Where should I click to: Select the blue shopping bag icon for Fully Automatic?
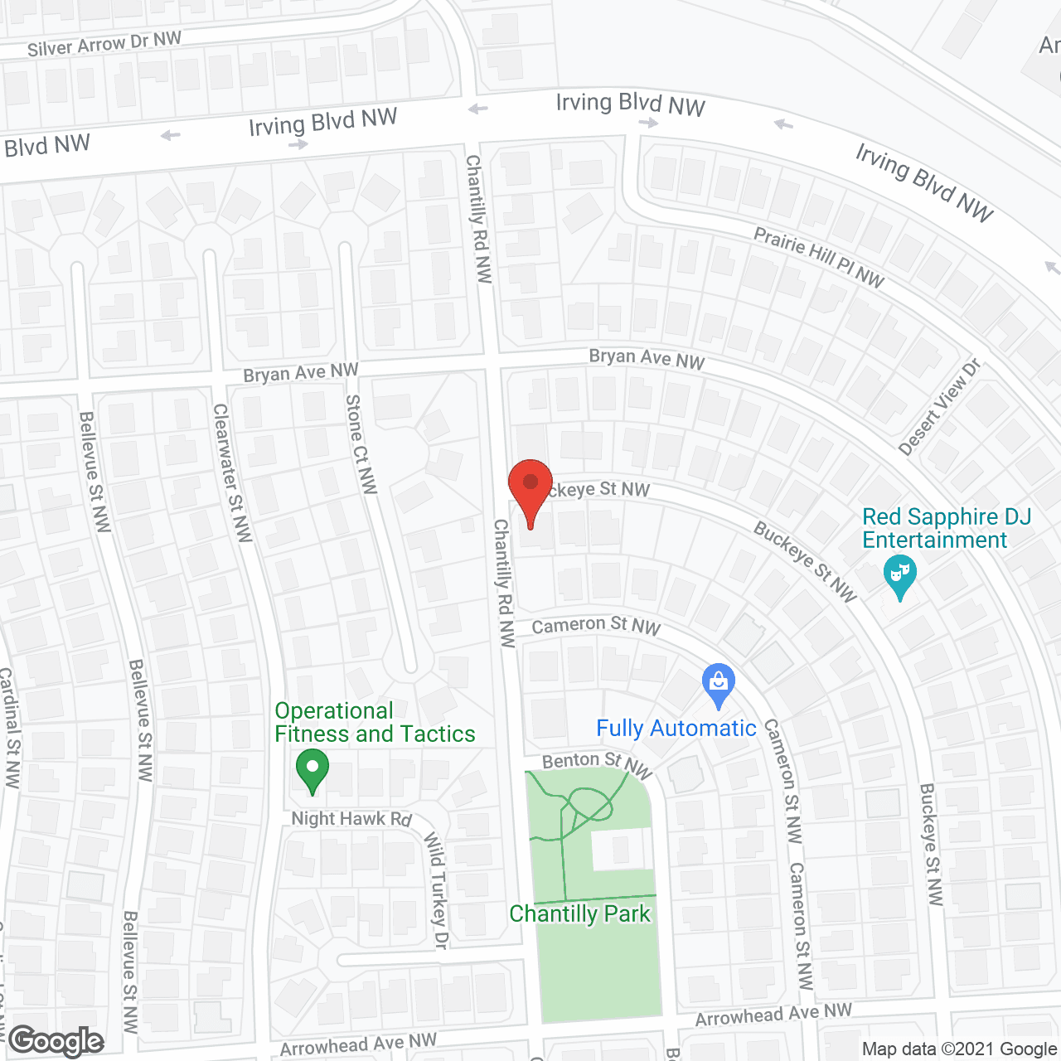coord(718,685)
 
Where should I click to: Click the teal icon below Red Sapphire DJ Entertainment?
coord(899,576)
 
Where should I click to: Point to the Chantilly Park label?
coord(579,913)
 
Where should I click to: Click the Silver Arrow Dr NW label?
coord(104,44)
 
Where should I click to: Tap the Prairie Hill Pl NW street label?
coord(818,257)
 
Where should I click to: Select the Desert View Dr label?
coord(939,407)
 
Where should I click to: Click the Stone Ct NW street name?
coord(361,444)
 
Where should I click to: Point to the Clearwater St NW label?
coord(232,472)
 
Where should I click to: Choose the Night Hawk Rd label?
coord(351,819)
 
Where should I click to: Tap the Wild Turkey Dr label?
coord(436,890)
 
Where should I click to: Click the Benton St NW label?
coord(596,763)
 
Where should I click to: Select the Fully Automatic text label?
coord(676,729)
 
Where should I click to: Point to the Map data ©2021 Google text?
coord(959,1049)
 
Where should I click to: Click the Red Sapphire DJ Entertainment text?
coord(946,528)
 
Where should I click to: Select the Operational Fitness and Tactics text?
coord(375,722)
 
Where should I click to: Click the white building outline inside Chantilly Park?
coord(621,849)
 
